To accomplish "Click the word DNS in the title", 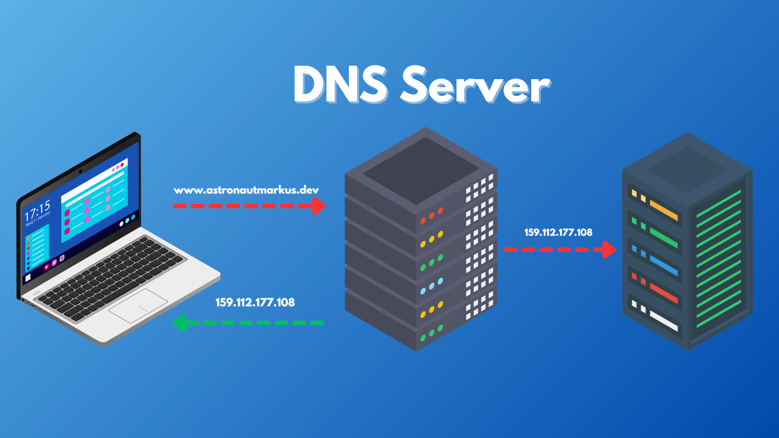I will [340, 85].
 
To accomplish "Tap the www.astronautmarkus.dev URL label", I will [246, 190].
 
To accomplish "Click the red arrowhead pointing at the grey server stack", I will [319, 206].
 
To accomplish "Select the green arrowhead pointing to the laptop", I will [180, 323].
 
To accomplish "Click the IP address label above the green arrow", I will [255, 303].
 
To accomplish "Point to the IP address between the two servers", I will [558, 232].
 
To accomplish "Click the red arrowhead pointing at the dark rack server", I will [609, 249].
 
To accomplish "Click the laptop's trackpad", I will [138, 306].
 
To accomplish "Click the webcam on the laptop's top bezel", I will [80, 171].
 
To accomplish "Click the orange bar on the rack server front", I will [664, 210].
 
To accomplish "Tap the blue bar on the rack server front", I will [664, 265].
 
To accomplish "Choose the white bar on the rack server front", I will [664, 321].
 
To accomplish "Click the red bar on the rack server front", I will [664, 293].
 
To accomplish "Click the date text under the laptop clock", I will [38, 219].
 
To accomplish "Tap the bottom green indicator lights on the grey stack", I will [431, 333].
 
